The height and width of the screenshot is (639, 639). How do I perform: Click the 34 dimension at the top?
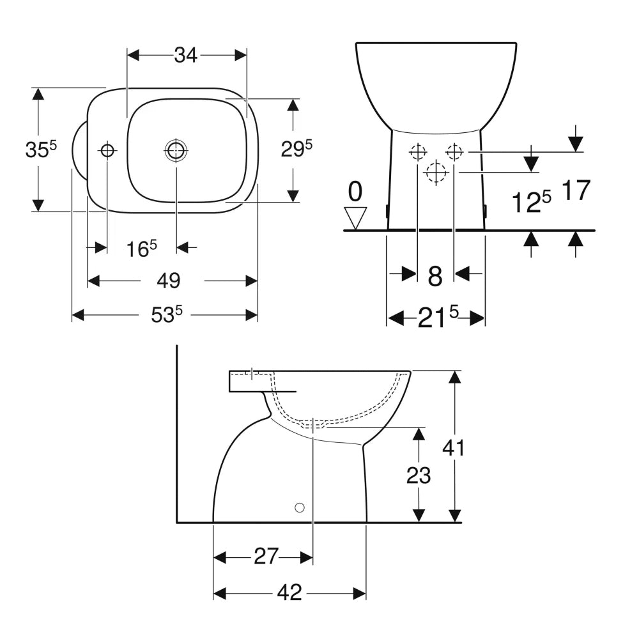pyautogui.click(x=185, y=56)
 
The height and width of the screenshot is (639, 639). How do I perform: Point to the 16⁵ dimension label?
pyautogui.click(x=141, y=249)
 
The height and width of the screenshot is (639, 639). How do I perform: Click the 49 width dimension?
pyautogui.click(x=170, y=281)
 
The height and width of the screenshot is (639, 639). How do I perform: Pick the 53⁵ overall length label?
pyautogui.click(x=167, y=314)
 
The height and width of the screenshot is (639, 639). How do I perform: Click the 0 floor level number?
pyautogui.click(x=355, y=191)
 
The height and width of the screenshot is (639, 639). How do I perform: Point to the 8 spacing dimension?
pyautogui.click(x=435, y=276)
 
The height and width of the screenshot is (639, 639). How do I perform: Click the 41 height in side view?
pyautogui.click(x=454, y=447)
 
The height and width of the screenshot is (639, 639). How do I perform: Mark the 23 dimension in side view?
pyautogui.click(x=419, y=475)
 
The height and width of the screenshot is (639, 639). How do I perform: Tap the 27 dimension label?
pyautogui.click(x=266, y=557)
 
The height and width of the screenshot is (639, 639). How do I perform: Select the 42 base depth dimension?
pyautogui.click(x=289, y=594)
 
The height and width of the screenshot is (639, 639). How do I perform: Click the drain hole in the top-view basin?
pyautogui.click(x=176, y=150)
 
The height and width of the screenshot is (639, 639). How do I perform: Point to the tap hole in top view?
pyautogui.click(x=107, y=150)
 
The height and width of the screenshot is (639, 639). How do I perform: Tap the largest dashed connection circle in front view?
pyautogui.click(x=436, y=173)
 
